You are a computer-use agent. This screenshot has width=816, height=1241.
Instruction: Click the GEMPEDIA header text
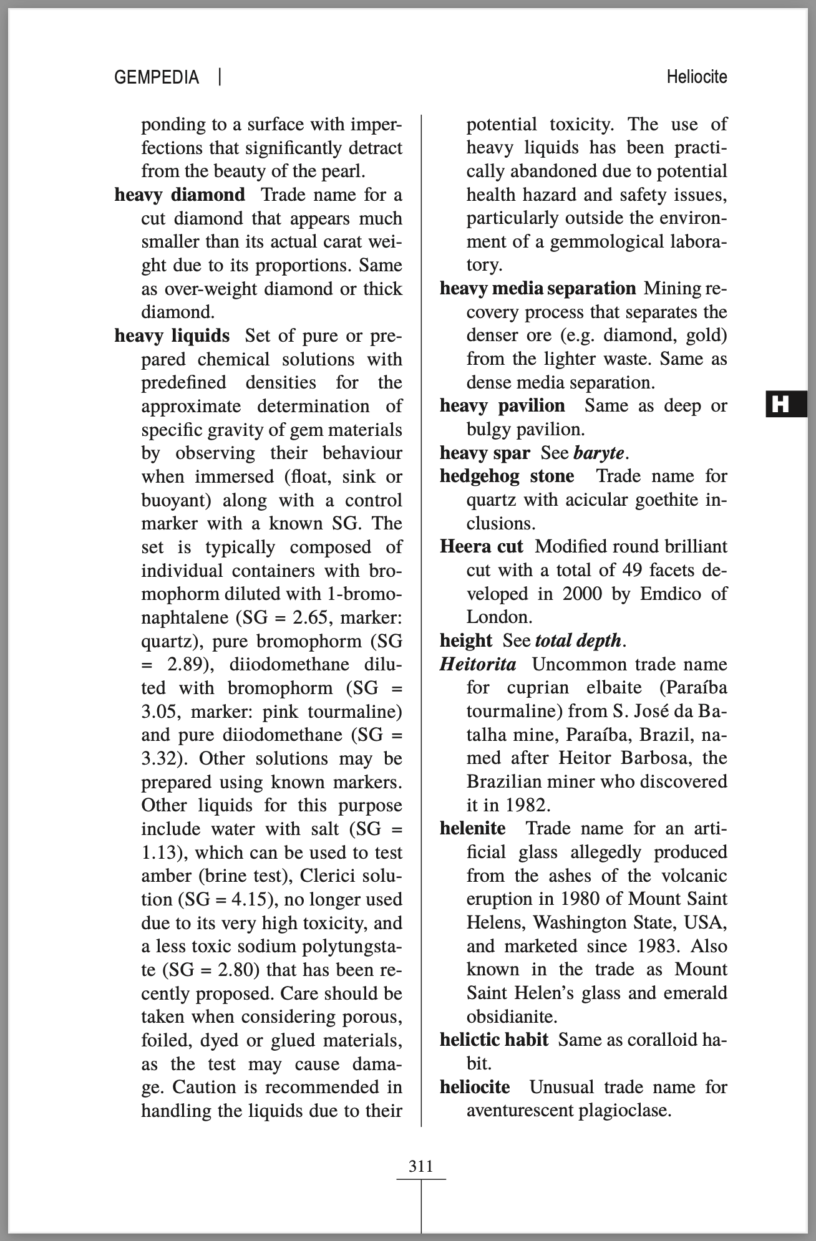click(157, 77)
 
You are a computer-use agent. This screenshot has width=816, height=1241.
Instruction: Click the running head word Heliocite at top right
click(696, 77)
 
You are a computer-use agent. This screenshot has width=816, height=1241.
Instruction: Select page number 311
click(420, 1166)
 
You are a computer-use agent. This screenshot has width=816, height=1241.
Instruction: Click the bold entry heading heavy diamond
click(180, 195)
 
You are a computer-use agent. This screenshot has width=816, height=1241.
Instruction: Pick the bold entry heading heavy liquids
click(172, 336)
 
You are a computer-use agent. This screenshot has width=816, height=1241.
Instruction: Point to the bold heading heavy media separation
click(537, 289)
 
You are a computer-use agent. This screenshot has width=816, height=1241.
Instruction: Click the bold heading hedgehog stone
click(507, 476)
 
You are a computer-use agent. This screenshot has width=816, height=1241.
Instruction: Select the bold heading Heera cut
click(481, 547)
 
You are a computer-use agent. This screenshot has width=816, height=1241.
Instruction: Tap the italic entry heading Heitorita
click(478, 664)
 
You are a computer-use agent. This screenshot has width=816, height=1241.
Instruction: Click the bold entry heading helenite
click(472, 829)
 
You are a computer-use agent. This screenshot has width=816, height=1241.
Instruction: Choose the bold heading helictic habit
click(493, 1040)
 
